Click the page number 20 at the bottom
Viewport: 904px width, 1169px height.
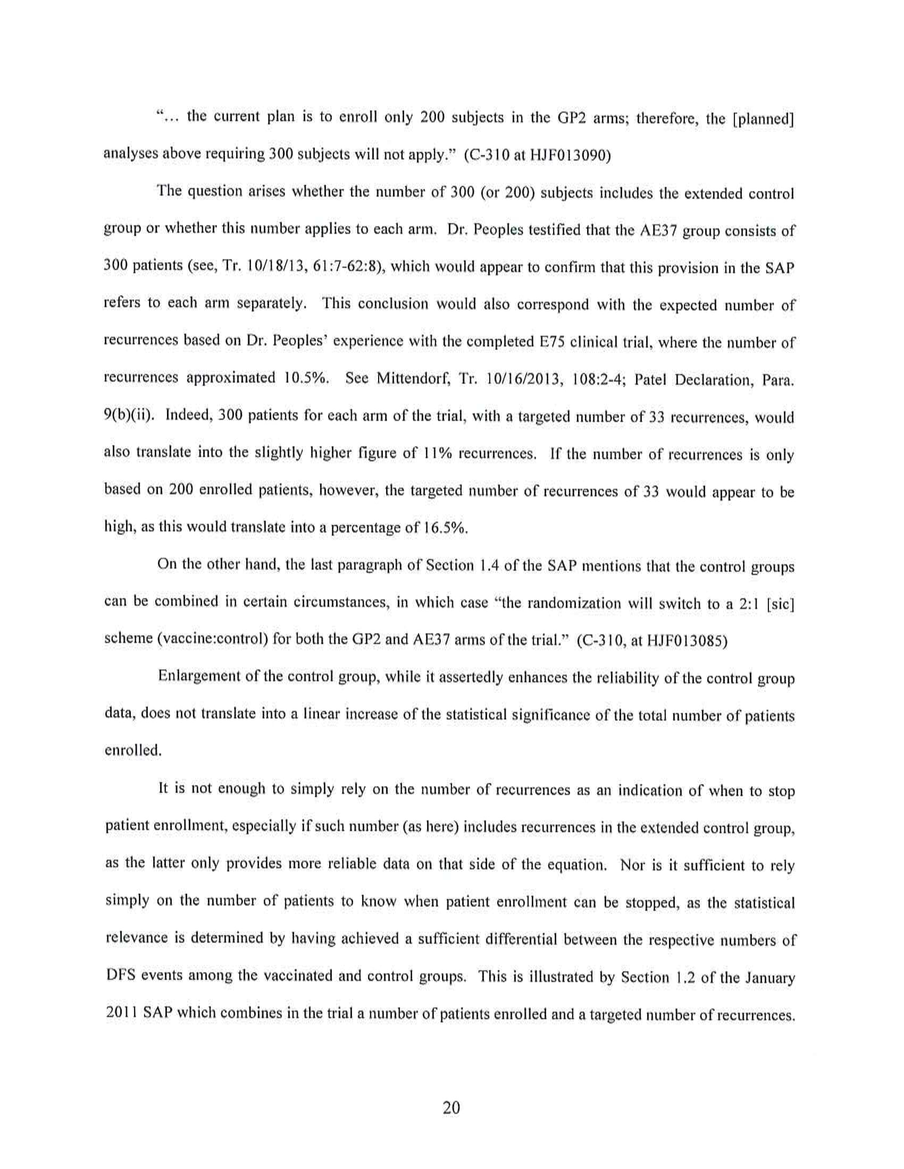click(x=451, y=1107)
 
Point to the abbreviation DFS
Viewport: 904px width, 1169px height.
click(x=121, y=975)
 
